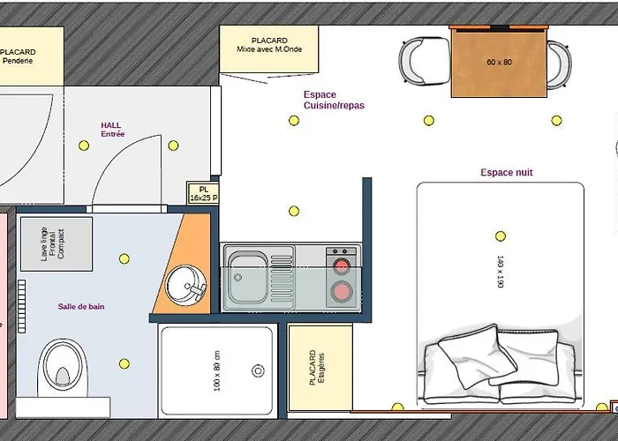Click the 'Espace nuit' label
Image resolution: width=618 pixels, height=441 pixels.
coord(507,173)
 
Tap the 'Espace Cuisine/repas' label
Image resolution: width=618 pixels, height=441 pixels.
coord(334,100)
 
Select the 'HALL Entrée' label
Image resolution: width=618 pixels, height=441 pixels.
coord(113,130)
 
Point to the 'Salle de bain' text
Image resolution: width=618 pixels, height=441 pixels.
coord(81,306)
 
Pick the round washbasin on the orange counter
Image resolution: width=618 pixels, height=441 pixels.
coord(185,285)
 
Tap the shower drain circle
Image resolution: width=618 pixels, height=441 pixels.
coord(258,370)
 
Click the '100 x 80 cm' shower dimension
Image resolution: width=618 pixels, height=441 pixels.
coord(217,371)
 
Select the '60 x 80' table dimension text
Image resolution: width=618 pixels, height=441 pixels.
coord(499,62)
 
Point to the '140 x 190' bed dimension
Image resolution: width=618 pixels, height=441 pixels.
coord(501,272)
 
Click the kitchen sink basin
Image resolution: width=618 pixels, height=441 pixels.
coord(248,279)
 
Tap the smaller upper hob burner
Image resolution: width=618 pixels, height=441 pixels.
coord(342,266)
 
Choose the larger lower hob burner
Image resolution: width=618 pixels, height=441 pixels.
coord(342,292)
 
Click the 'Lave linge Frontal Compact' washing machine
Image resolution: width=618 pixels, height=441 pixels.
coord(57,243)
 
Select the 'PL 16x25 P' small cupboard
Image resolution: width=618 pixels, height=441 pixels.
coord(203,193)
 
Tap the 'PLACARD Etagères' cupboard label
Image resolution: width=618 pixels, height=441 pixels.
coord(317,368)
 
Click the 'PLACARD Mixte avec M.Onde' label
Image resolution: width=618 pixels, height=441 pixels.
coord(269,45)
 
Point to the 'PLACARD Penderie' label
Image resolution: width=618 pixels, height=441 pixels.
coord(18,56)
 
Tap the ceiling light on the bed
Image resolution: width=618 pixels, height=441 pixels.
coord(501,235)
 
